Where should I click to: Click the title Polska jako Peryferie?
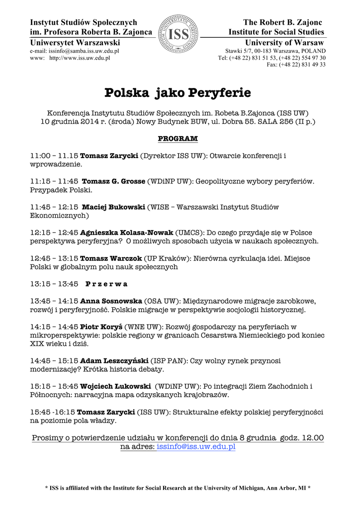tap(178, 93)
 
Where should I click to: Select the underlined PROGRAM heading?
tap(178, 138)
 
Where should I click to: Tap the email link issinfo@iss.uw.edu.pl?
tap(196, 447)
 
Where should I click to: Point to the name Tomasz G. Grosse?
tap(113, 181)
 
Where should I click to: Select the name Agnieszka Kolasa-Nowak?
tap(127, 232)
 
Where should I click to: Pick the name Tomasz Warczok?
tap(111, 258)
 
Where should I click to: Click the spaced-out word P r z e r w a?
tap(106, 284)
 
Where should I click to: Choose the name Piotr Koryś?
tap(101, 327)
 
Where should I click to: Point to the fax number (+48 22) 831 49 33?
tap(296, 65)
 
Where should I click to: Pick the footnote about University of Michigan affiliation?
tap(178, 488)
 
